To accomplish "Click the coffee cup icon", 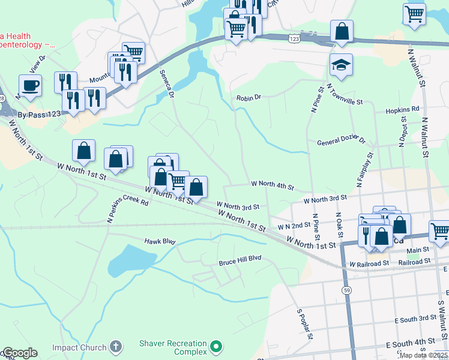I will (x=29, y=85).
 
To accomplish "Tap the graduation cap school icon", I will (x=341, y=65).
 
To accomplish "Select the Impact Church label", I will (x=79, y=347).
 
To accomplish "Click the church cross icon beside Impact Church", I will (x=116, y=347).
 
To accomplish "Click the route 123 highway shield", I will (x=294, y=38).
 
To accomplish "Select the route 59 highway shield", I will (x=347, y=273).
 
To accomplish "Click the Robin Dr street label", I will (x=249, y=97).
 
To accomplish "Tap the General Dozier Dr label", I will (x=340, y=142).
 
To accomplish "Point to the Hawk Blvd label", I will (x=160, y=241).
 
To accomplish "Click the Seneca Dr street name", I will (x=166, y=83).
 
